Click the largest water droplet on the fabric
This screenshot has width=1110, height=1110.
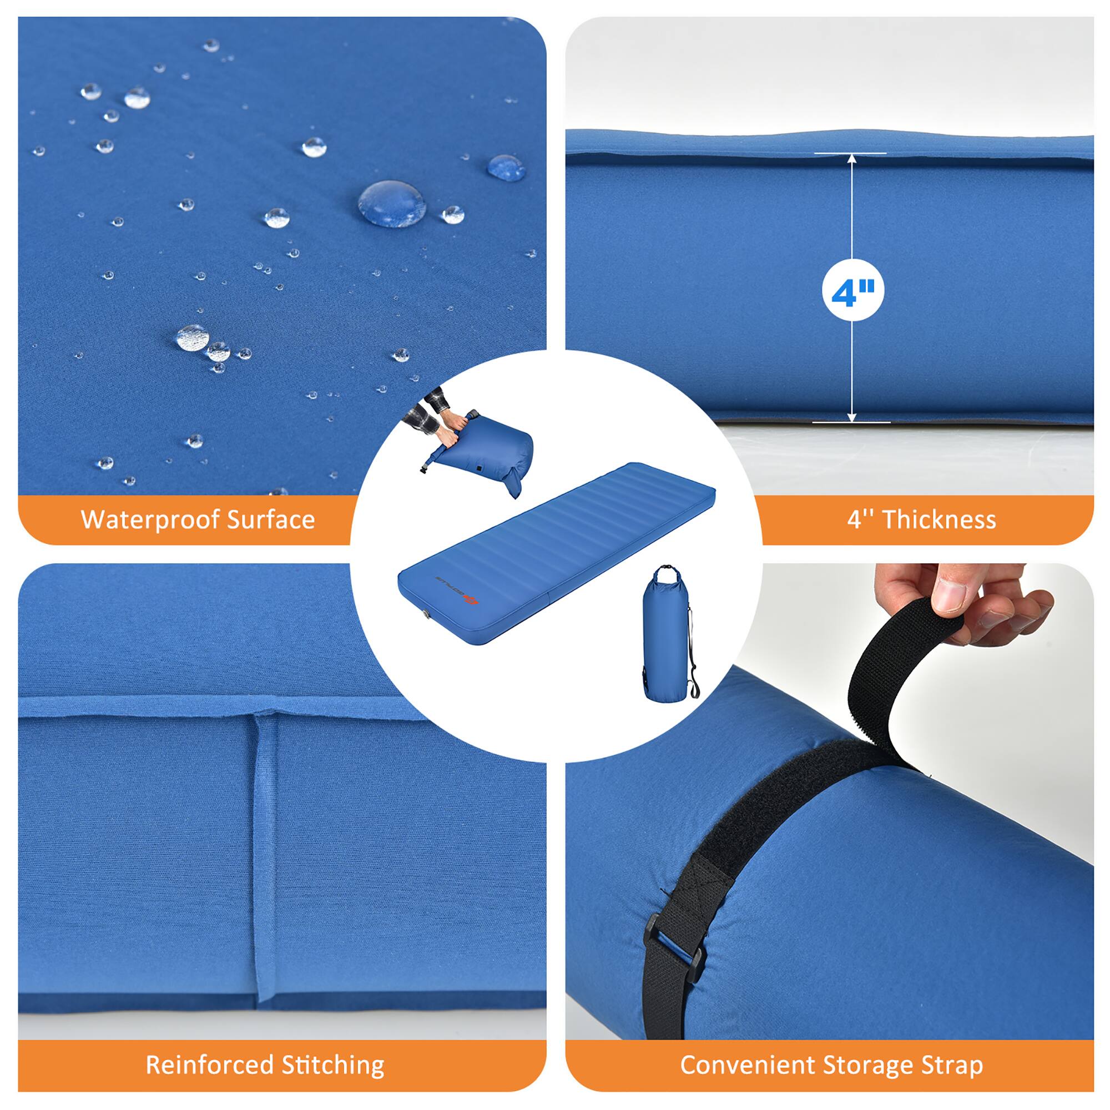(392, 203)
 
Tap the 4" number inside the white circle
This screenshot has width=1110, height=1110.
(852, 293)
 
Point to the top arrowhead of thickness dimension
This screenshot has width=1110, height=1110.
(851, 158)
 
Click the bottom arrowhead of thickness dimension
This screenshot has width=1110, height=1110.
(851, 417)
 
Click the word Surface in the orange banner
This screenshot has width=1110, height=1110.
(271, 519)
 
